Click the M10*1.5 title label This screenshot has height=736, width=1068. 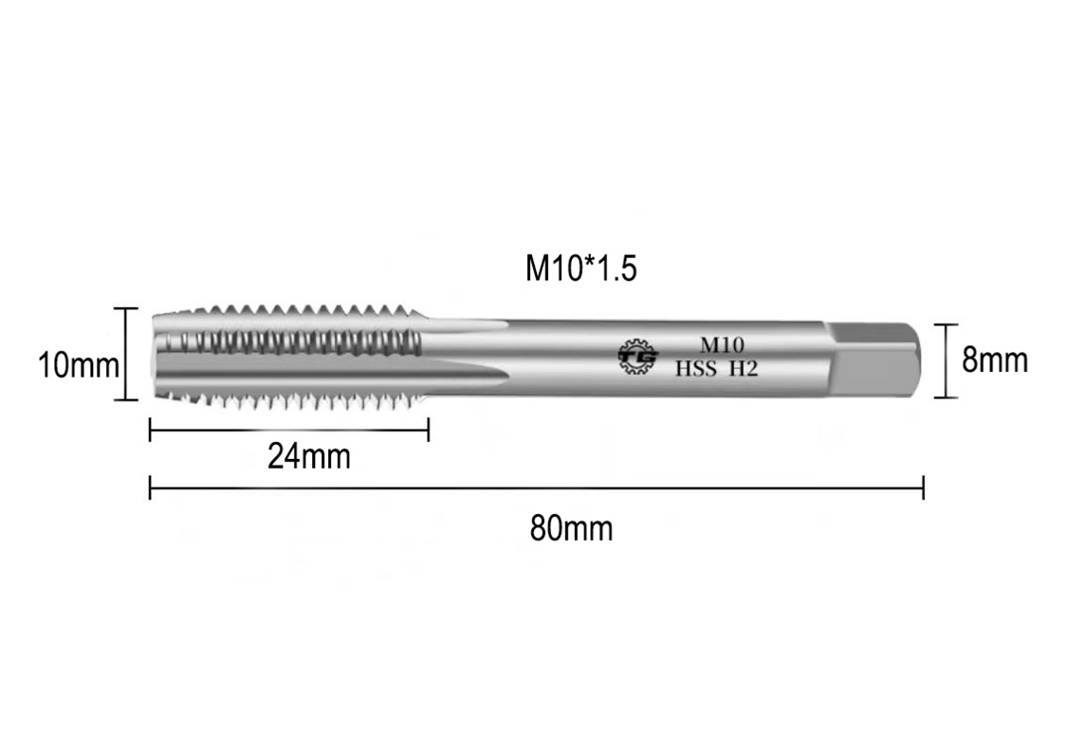coord(580,268)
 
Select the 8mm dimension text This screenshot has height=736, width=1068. coord(994,360)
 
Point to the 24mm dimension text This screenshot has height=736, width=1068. coord(308,456)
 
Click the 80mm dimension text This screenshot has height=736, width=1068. coord(571,528)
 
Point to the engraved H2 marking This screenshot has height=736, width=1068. coord(744,369)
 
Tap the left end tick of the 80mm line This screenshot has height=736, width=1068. coord(151,489)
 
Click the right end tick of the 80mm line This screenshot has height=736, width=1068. coord(923,489)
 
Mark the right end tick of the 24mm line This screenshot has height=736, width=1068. coord(429,432)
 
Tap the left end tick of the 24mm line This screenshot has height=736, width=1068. coord(151,432)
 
